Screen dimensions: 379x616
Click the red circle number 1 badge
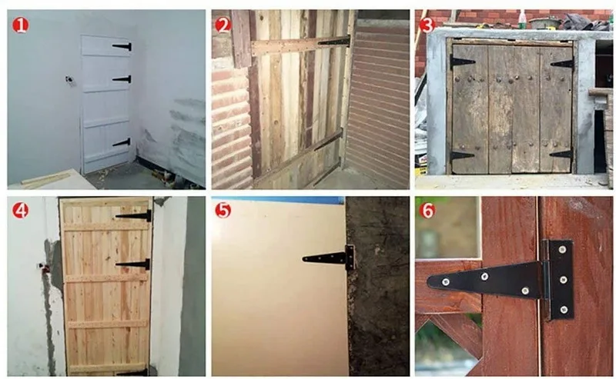point(20,25)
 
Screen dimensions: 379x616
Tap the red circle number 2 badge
point(223,25)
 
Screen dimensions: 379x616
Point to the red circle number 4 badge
point(20,210)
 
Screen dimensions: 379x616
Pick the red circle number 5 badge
point(223,210)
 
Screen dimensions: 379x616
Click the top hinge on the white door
point(122,47)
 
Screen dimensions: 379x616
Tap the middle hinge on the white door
point(122,78)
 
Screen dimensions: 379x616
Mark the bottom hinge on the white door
point(122,142)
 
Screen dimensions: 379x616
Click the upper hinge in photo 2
point(334,42)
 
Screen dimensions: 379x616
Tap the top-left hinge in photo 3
point(462,61)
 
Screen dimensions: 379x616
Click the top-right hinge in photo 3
point(562,64)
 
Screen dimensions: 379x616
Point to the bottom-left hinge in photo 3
point(462,155)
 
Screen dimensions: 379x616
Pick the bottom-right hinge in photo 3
point(561,155)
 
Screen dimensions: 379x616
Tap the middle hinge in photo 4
point(134,264)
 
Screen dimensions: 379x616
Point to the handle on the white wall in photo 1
point(69,80)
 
